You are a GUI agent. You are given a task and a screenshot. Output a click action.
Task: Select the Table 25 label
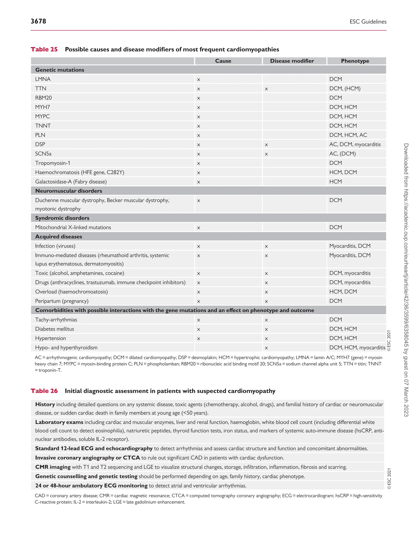click(44, 49)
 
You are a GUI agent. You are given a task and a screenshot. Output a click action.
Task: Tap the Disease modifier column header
click(292, 61)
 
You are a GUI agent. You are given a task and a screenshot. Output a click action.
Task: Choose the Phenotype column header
click(355, 61)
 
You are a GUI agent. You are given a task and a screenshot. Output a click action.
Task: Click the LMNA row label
click(43, 79)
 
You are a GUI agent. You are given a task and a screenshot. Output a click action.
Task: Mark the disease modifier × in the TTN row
click(266, 89)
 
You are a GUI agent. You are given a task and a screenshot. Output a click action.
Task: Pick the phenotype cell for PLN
click(348, 135)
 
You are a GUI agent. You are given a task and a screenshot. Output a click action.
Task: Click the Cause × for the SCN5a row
click(199, 154)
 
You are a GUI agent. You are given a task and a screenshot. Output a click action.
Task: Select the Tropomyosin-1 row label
click(53, 163)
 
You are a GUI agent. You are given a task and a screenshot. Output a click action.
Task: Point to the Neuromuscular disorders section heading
click(68, 191)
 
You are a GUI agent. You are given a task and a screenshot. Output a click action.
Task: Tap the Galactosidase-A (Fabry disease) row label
click(71, 182)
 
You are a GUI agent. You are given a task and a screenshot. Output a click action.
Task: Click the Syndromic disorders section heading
click(62, 218)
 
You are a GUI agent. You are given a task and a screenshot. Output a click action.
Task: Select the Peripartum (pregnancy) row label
click(62, 301)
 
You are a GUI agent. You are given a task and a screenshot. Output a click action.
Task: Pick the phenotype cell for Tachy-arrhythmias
click(336, 320)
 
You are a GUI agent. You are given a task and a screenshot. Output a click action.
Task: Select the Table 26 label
click(44, 391)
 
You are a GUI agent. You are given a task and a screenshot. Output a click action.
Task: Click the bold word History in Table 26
click(45, 404)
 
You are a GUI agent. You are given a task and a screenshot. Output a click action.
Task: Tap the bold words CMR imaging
click(53, 467)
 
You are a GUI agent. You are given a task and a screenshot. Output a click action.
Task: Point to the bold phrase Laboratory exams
click(59, 422)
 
